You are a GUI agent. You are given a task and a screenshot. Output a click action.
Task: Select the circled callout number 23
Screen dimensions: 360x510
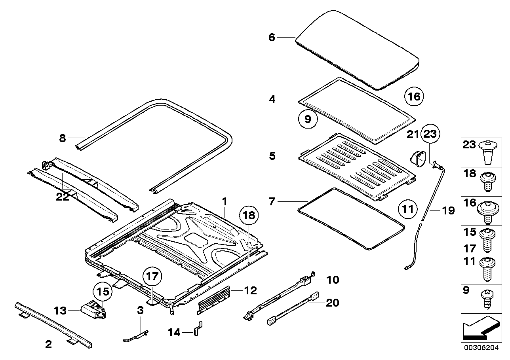click(430, 134)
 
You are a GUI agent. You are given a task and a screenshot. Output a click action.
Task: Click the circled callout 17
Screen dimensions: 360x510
click(153, 277)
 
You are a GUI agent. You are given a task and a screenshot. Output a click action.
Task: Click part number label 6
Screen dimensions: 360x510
click(271, 37)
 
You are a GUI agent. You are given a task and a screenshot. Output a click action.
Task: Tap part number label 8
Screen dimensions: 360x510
click(62, 138)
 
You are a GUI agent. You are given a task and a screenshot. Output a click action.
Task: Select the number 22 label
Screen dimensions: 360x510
click(63, 197)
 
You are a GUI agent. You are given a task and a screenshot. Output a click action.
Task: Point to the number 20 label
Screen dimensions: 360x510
click(333, 303)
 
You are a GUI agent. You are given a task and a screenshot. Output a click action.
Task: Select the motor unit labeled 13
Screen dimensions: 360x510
click(94, 310)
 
